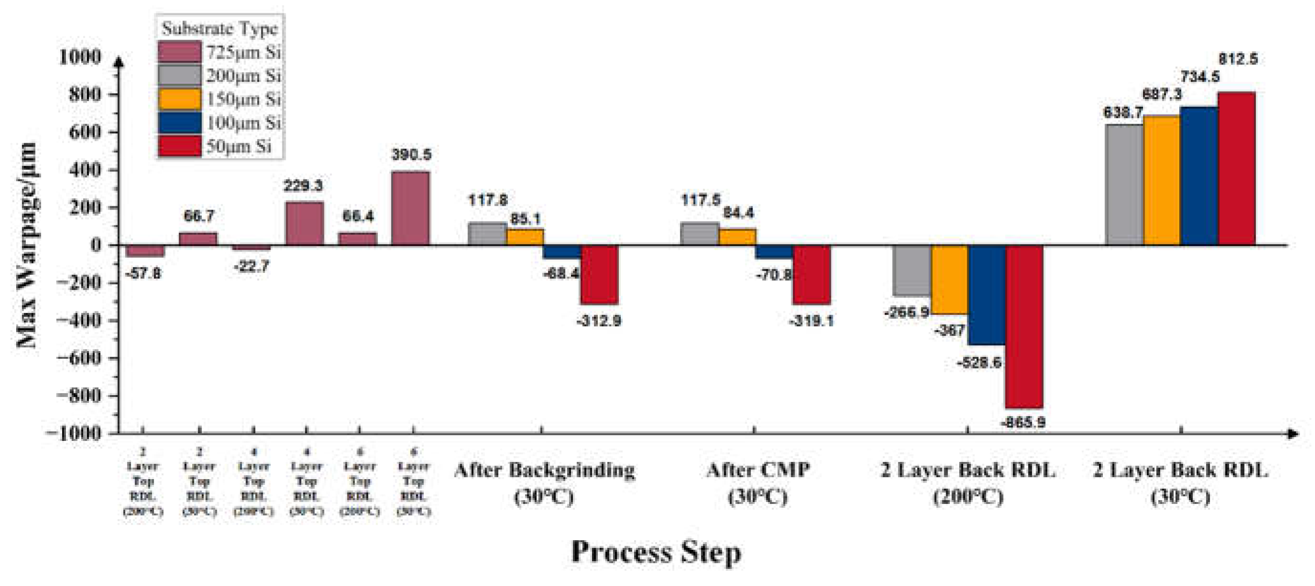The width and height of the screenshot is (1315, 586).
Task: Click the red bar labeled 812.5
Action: (1236, 168)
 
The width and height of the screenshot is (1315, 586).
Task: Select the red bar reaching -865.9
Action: (1024, 326)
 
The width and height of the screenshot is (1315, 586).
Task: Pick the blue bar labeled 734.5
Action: (1198, 176)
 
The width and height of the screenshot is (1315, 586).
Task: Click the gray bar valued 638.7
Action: (1124, 185)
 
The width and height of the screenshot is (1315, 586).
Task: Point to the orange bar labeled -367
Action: (949, 280)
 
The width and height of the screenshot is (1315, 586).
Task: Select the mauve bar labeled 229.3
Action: (304, 223)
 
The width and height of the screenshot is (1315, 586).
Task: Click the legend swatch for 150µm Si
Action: (179, 99)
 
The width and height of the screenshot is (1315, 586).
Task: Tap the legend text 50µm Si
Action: (238, 147)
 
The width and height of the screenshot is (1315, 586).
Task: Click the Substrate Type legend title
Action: (219, 29)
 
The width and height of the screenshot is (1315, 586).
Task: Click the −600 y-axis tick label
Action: (79, 358)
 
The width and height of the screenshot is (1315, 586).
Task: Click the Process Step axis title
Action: (656, 552)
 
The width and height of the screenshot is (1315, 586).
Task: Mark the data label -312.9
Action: (599, 321)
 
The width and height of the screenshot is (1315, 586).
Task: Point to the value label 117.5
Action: (701, 200)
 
